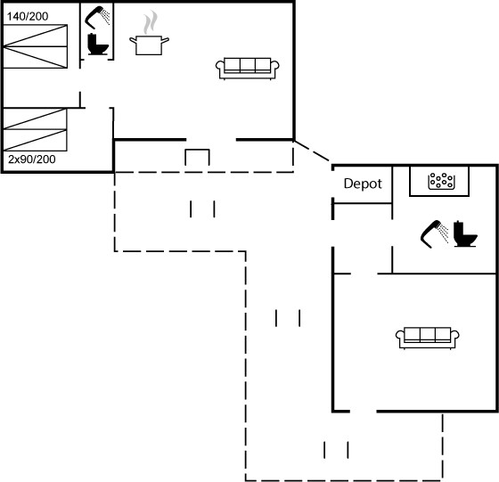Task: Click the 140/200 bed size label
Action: point(28,16)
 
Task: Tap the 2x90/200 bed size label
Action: point(32,159)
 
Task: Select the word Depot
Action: point(363,184)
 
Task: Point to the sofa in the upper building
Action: point(248,69)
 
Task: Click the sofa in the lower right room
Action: point(428,338)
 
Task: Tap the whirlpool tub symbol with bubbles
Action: point(441,182)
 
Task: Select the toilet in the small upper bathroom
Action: point(98,45)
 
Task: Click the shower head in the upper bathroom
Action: point(97,17)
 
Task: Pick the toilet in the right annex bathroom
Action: point(465,233)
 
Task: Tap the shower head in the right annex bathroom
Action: point(435,233)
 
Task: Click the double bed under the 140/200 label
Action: point(36,46)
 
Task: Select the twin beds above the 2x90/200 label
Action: point(35,129)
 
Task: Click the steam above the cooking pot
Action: point(151,22)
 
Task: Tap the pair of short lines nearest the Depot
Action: point(288,318)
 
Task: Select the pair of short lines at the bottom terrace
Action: point(336,450)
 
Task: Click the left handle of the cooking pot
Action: point(133,40)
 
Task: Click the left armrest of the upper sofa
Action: point(219,66)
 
